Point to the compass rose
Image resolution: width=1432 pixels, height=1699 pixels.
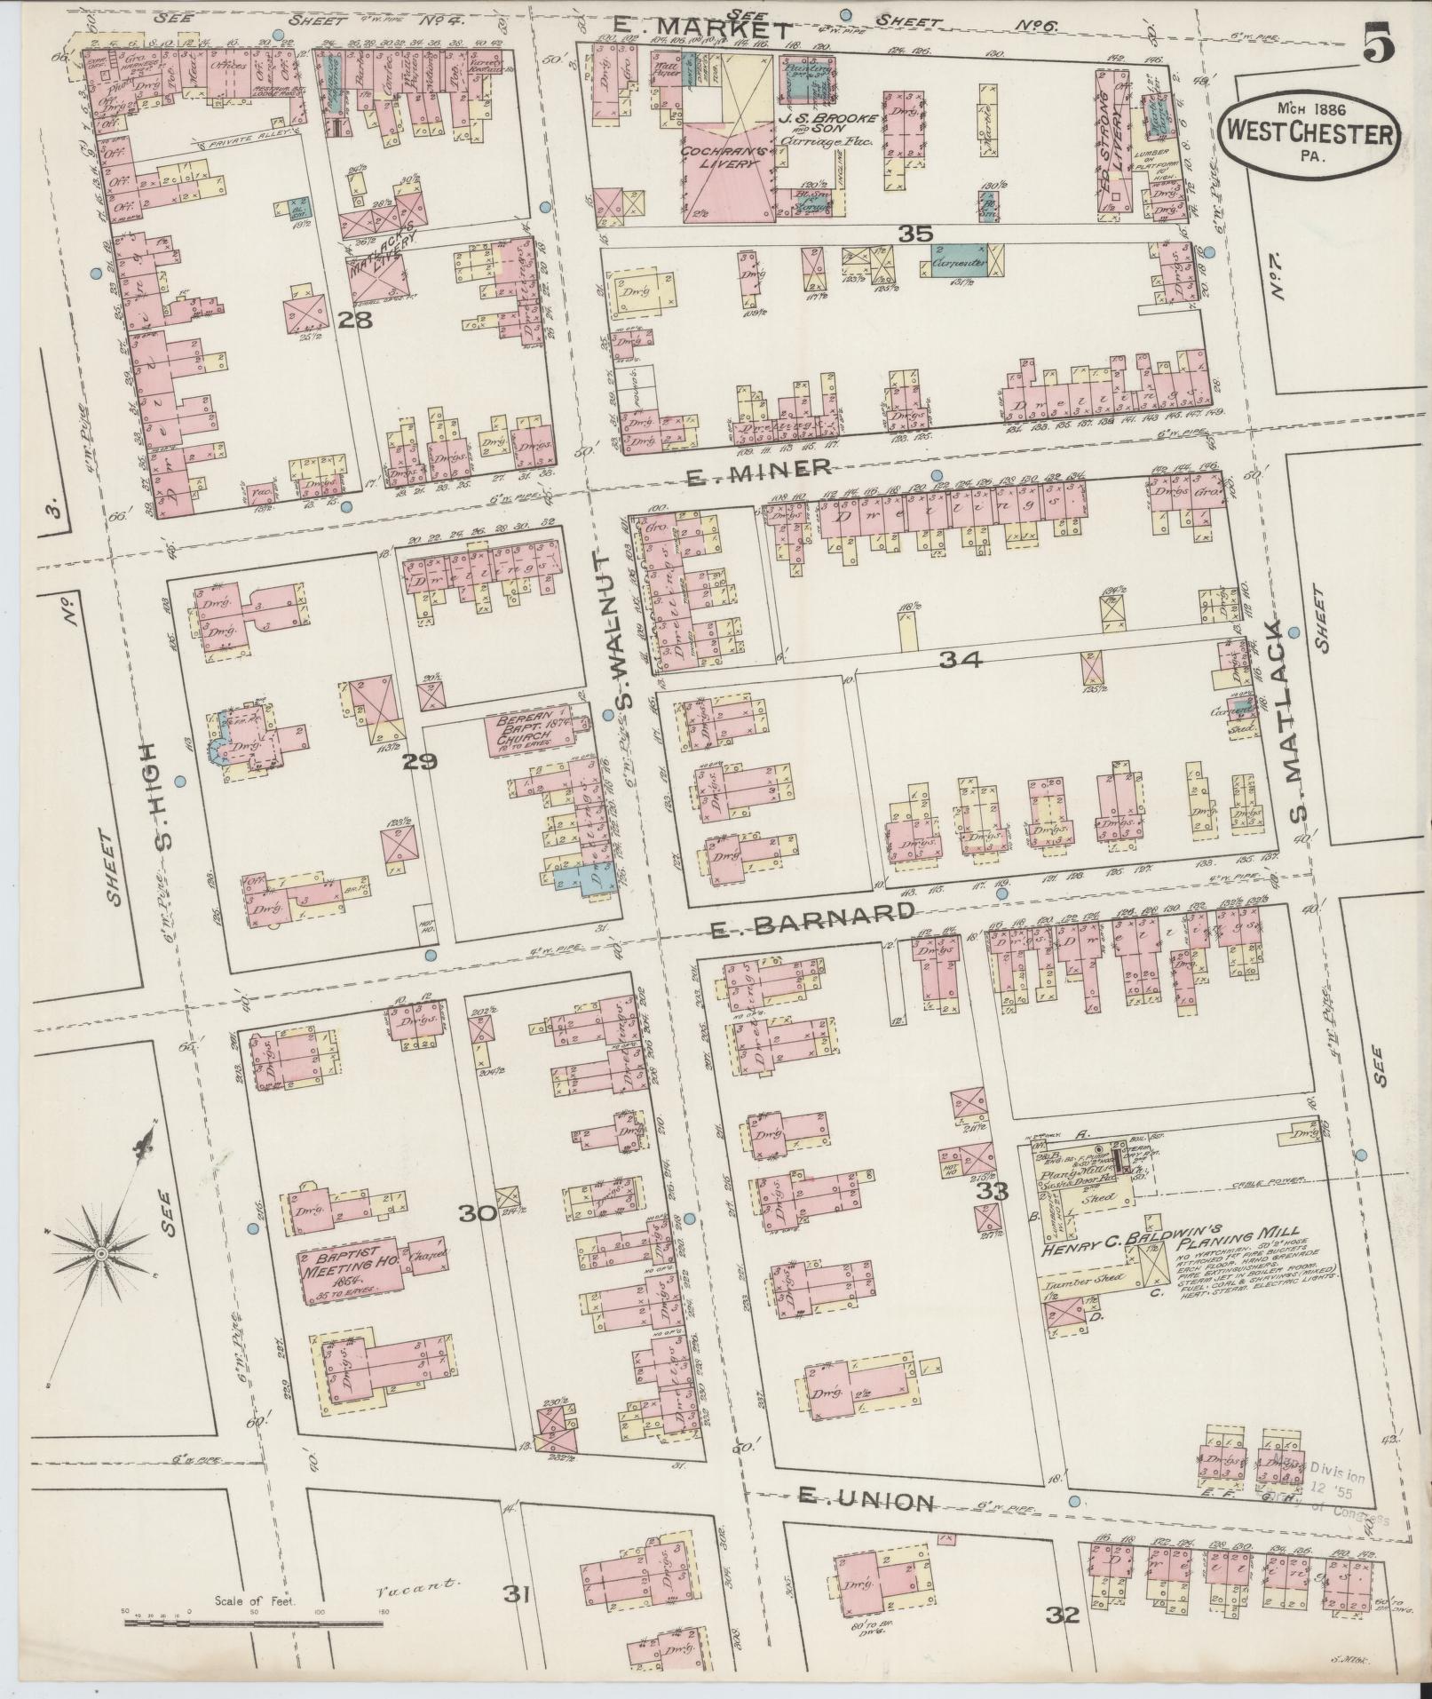click(x=100, y=1252)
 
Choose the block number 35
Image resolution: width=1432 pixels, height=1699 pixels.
click(x=914, y=234)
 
